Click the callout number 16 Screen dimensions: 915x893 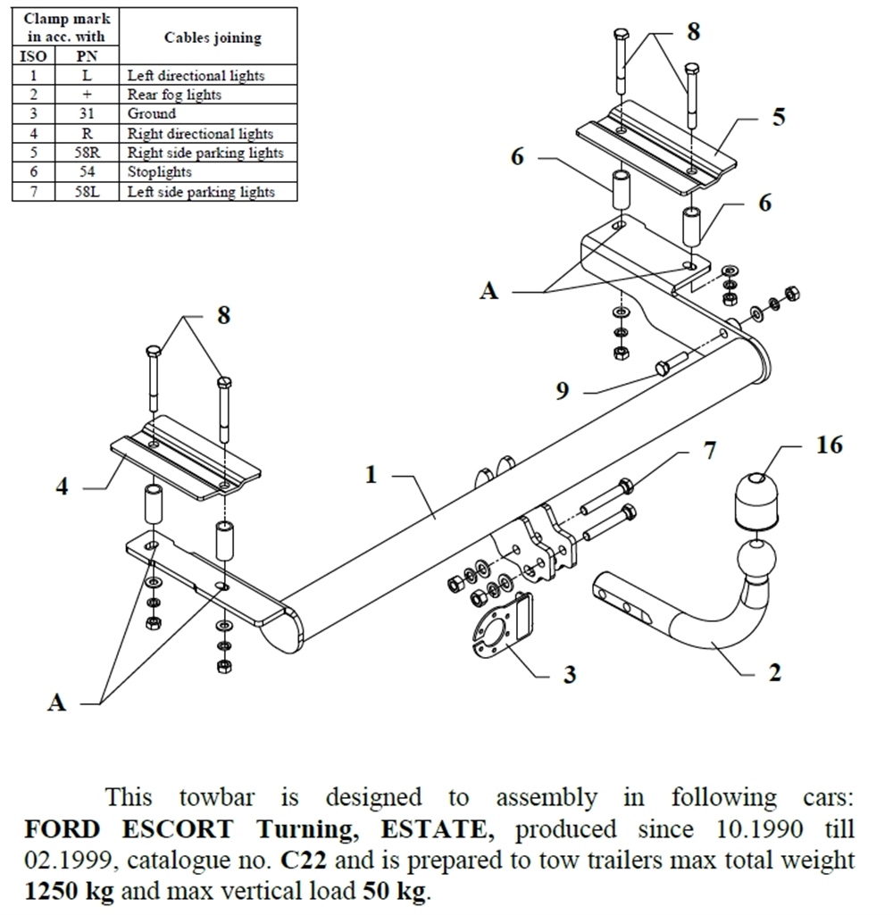(x=829, y=444)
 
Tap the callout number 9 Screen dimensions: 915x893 (x=563, y=391)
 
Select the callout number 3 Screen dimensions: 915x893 (x=570, y=674)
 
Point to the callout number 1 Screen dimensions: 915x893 (x=371, y=475)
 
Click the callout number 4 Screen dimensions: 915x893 (x=63, y=487)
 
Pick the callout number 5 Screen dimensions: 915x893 (x=779, y=117)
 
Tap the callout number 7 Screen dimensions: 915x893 (x=709, y=451)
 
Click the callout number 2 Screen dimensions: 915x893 (x=774, y=671)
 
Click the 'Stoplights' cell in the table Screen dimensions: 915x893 (x=160, y=172)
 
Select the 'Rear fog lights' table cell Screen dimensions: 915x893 (x=174, y=95)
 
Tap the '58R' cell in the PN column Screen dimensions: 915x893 (x=87, y=153)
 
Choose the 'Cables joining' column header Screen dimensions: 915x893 (x=213, y=37)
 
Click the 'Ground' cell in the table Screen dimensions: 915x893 (x=152, y=114)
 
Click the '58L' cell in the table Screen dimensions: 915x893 (x=87, y=192)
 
